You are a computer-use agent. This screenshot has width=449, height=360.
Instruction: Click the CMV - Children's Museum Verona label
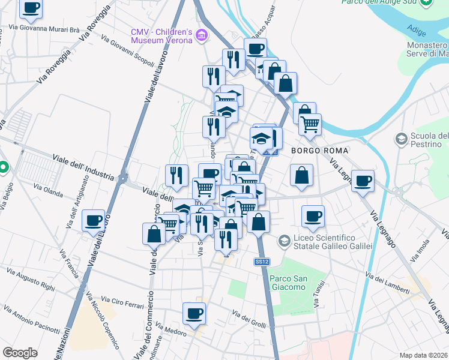161,35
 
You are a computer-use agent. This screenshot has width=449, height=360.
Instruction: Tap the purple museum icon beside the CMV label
202,36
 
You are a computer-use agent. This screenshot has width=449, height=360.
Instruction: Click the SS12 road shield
261,262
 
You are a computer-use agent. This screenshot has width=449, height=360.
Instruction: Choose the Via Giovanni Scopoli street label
128,53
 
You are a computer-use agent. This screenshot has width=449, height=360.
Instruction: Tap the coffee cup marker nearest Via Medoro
194,313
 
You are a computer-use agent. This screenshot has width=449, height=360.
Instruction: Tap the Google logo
20,353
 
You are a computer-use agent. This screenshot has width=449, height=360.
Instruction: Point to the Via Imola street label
420,250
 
